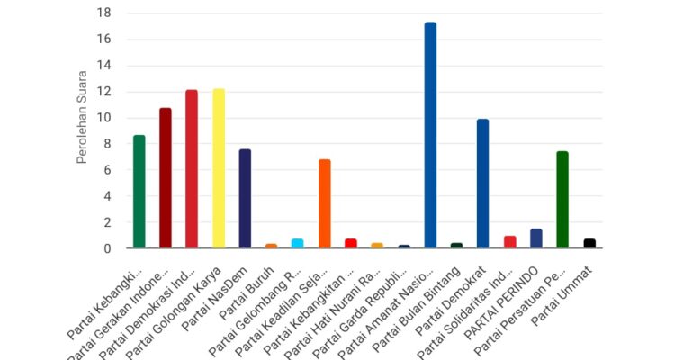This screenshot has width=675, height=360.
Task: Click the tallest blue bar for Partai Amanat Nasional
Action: coord(430,135)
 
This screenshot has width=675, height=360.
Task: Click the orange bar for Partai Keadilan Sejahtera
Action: coord(325,203)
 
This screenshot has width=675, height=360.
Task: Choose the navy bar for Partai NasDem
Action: coord(245,198)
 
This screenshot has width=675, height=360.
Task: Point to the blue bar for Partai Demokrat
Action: coord(483,184)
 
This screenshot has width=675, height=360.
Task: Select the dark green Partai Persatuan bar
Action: coord(562,199)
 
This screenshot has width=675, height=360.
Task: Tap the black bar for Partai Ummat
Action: coord(589,243)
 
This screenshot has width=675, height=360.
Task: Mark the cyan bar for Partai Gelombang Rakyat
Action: coord(298,243)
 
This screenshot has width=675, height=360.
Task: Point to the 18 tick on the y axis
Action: coord(104,13)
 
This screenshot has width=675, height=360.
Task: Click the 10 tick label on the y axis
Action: coord(104,118)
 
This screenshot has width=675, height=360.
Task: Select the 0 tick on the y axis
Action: coord(106,248)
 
